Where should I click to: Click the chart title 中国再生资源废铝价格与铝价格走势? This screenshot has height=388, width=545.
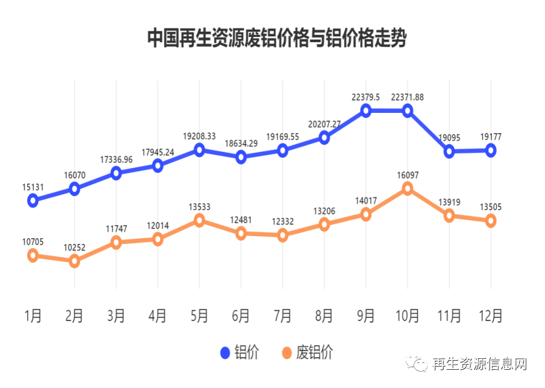pos(276,38)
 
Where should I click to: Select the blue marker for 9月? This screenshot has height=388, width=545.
pos(365,110)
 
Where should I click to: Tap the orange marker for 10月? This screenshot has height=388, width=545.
pos(408,188)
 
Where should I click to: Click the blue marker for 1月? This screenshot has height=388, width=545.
pos(33,200)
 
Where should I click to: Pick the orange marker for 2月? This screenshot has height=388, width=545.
pos(75,261)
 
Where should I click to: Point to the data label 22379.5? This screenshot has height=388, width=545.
pos(365,97)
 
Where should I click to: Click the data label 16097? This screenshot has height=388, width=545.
pos(408,175)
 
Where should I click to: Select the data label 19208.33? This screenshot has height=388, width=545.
pos(199,136)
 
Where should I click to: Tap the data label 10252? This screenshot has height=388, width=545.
pos(75,247)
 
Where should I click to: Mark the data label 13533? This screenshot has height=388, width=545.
pos(199,207)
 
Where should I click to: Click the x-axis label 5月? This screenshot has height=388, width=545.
pos(199,316)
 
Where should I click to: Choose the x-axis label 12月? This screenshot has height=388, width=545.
pos(490,316)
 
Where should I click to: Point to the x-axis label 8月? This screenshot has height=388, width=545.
pos(324,316)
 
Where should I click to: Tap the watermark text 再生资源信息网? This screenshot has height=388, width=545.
pos(479,364)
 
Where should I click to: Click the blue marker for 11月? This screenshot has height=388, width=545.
pos(449,151)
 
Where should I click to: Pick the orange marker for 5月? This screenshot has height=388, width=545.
pos(199,221)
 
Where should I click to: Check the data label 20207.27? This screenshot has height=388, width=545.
pos(324,124)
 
